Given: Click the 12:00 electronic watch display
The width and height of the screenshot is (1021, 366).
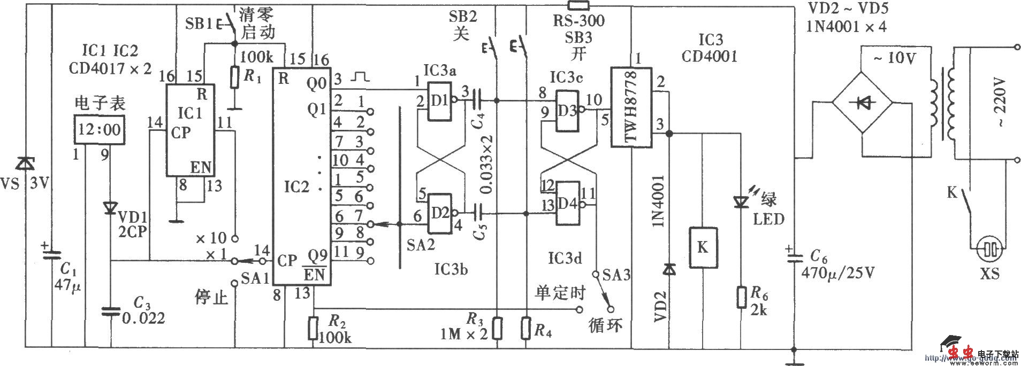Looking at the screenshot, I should (x=100, y=129).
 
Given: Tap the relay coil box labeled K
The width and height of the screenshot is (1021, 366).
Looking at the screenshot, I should (x=703, y=247).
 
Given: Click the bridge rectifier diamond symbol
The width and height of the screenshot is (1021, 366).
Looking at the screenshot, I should (x=861, y=104).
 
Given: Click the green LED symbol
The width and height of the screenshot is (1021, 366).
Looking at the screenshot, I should (x=741, y=201).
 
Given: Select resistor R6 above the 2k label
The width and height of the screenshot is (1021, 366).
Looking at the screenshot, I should (x=741, y=297).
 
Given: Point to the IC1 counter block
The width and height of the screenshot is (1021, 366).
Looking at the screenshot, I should (x=189, y=130).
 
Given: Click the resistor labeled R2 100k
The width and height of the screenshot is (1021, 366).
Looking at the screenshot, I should (x=314, y=328).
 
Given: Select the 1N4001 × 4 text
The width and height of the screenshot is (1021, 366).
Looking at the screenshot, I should (x=847, y=26).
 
